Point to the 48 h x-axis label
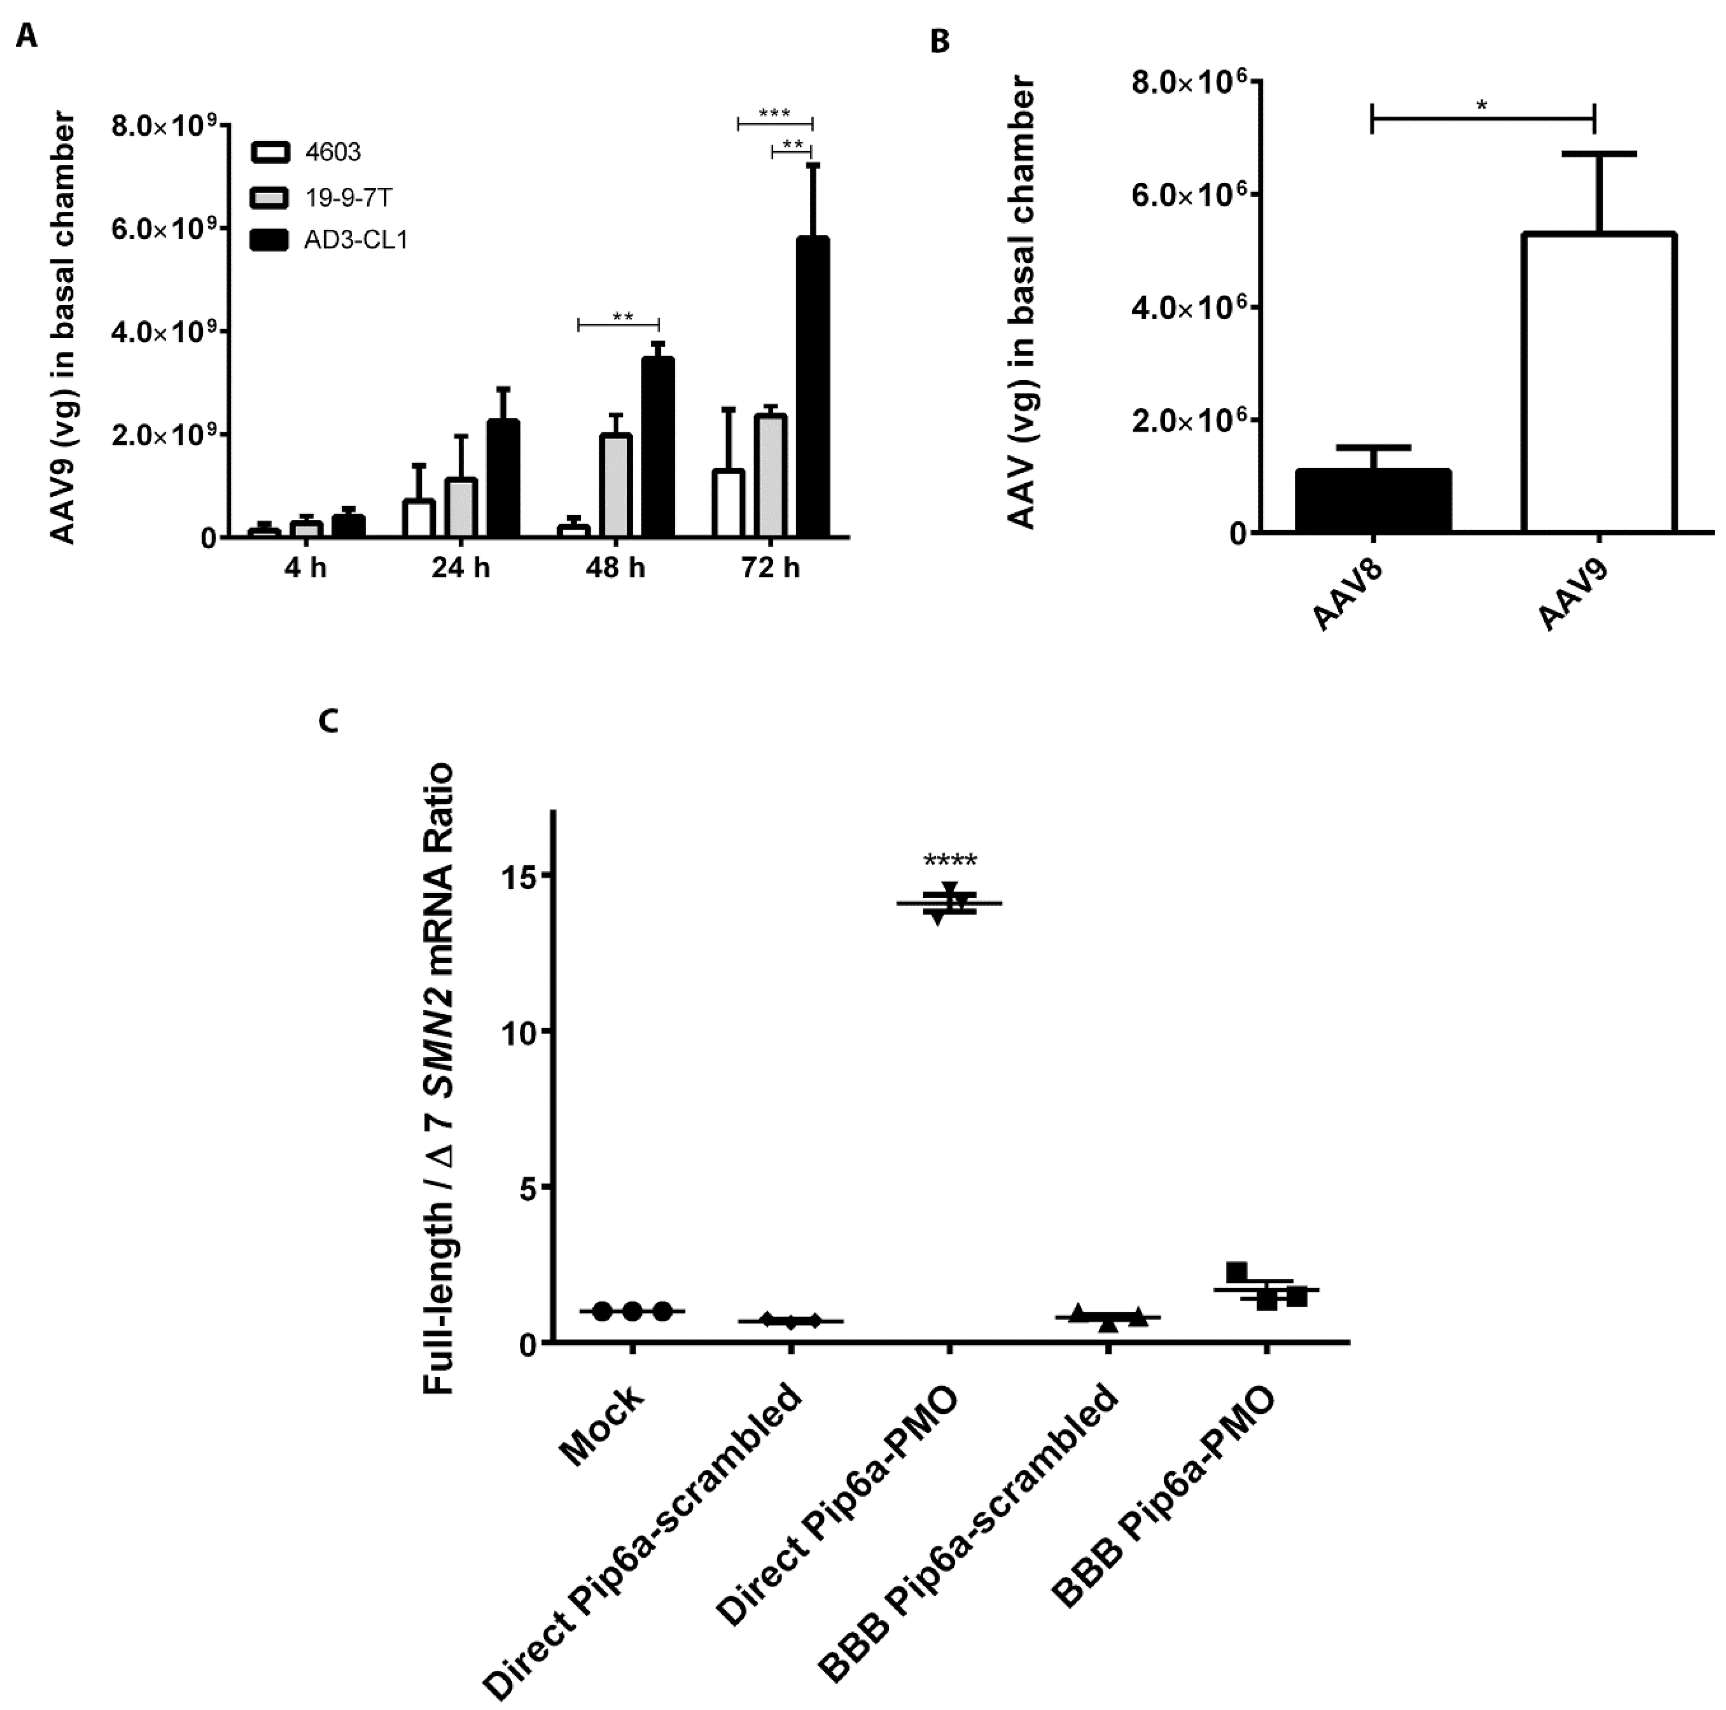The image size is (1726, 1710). tap(615, 568)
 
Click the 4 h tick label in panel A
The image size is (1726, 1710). tap(306, 568)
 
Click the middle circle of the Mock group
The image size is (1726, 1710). tap(632, 1312)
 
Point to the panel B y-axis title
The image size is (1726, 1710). tap(1021, 304)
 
